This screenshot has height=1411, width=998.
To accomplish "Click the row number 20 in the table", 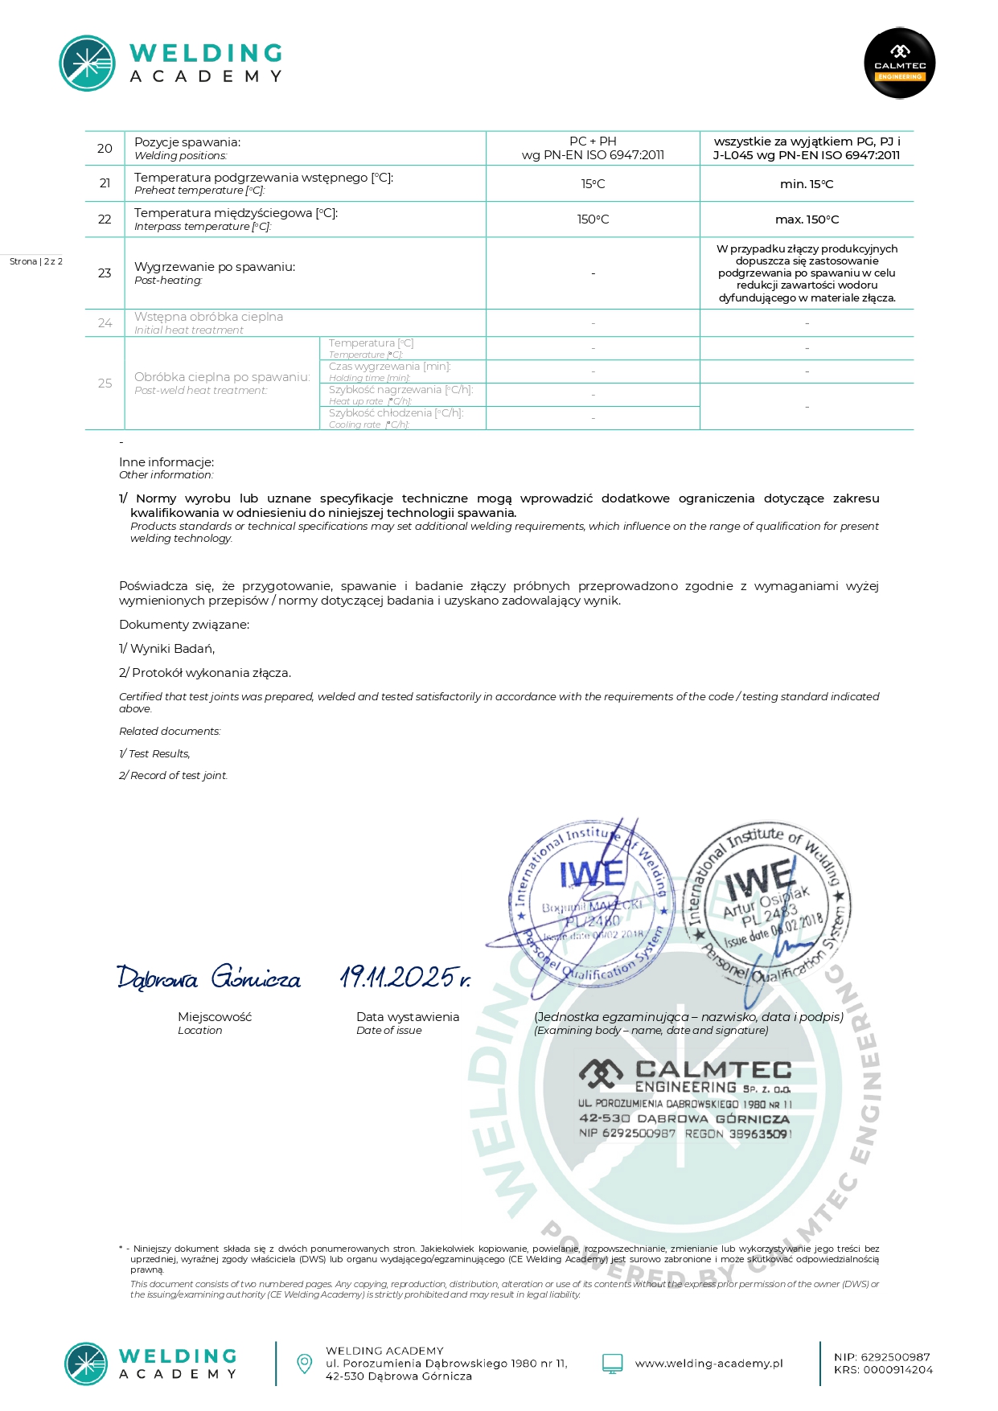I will point(105,149).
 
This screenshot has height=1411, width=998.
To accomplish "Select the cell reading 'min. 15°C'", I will point(807,184).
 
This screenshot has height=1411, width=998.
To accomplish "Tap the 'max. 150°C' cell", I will point(807,219).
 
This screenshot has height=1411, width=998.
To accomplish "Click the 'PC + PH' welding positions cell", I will point(593,142).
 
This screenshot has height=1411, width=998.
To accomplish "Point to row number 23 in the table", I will point(105,273).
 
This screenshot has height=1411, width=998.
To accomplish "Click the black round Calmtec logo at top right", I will point(900,64).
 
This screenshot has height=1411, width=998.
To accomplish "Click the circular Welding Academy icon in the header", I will point(87,64).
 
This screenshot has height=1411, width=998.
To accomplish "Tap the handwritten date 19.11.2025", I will point(405,977).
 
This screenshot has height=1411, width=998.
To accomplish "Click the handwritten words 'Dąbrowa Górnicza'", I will point(209,978).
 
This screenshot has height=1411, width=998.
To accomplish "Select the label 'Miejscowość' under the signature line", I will point(215,1017).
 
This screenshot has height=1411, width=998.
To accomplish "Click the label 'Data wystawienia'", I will point(408,1017).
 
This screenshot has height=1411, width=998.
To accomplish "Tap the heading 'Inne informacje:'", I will point(166,462).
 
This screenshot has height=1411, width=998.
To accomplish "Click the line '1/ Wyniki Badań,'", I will point(166,649).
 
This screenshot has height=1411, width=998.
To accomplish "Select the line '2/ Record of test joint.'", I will point(173,776).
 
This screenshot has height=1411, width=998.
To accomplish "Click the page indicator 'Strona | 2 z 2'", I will point(36,261).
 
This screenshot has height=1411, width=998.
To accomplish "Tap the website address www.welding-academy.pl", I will point(708,1364).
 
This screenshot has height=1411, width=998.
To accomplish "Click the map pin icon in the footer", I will point(305,1364).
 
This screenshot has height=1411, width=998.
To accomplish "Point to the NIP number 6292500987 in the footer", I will point(881,1357).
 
